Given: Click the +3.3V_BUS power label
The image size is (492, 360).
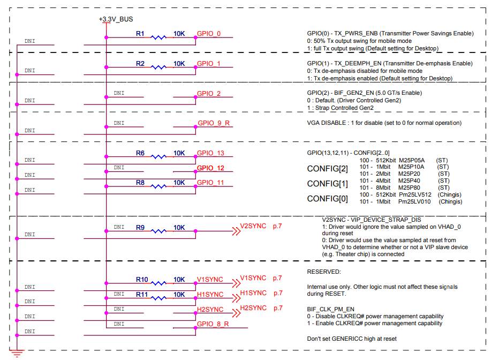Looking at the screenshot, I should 116,19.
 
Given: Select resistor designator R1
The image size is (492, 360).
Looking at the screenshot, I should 140,34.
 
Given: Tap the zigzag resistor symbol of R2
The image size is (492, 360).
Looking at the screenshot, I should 158,67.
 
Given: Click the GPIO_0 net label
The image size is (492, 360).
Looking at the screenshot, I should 208,34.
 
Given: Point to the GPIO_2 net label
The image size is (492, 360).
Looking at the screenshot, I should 208,94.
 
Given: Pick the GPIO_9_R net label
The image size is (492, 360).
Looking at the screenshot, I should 213,123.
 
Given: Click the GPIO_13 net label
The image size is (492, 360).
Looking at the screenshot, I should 210,153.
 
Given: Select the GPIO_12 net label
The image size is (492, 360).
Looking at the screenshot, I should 210,168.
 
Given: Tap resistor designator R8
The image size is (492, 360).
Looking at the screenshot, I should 140,183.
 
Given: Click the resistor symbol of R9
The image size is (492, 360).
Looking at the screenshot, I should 158,231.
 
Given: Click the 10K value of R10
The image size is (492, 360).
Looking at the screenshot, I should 179,280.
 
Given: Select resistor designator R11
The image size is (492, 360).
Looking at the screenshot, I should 141,295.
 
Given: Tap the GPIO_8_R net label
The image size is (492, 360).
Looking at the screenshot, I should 213,324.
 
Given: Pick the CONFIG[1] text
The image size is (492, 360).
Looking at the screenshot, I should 327,184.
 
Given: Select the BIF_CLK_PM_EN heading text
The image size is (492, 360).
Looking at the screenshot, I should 331,309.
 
